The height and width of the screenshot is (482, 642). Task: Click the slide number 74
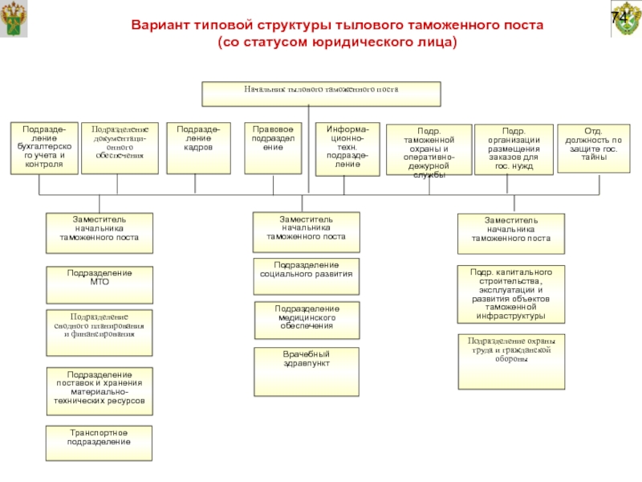(620, 18)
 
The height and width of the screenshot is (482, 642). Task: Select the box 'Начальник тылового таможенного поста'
(321, 93)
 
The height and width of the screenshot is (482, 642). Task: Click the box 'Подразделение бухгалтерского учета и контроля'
(44, 148)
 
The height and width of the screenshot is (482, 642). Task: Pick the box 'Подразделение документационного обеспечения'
(120, 148)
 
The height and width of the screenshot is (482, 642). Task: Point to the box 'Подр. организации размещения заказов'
(514, 150)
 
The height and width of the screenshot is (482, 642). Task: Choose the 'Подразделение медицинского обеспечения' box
(307, 321)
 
